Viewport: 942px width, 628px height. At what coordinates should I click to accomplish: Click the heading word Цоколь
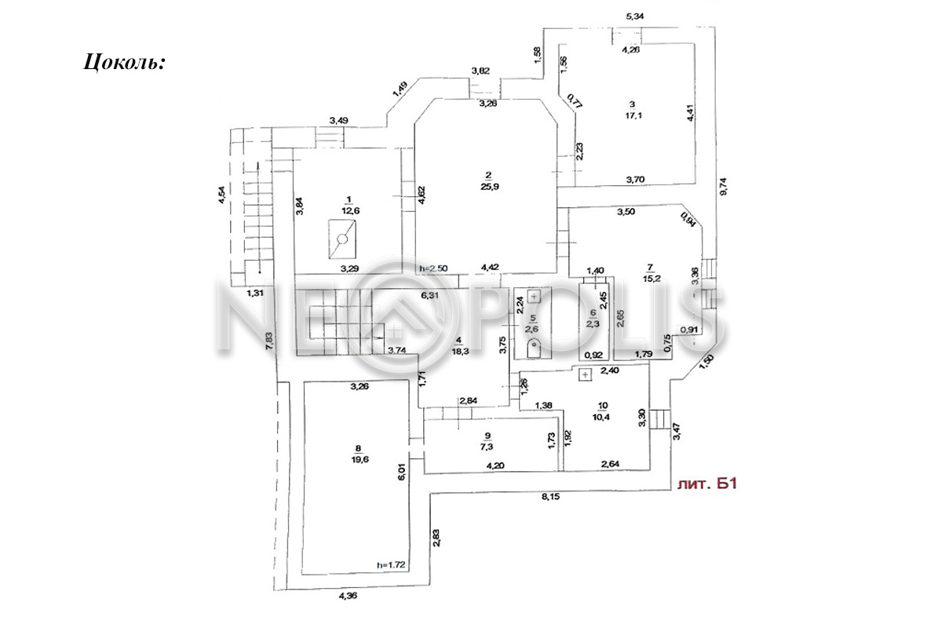point(124,62)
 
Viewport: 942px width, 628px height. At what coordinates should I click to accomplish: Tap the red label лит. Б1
point(706,484)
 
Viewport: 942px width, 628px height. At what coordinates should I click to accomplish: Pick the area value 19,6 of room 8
point(358,461)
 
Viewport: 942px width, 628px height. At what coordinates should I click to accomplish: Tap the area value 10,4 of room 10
point(603,416)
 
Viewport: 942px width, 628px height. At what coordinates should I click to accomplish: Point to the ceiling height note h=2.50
point(434,268)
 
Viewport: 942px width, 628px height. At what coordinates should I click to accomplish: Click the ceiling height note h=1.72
point(390,564)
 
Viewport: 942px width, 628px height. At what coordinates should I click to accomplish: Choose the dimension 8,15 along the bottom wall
point(553,497)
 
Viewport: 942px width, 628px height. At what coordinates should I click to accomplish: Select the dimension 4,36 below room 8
point(349,596)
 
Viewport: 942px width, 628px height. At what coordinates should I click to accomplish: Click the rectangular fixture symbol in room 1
point(343,241)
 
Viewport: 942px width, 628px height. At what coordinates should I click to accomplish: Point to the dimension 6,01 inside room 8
point(402,471)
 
